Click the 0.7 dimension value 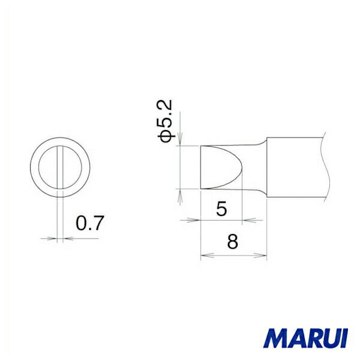click(90, 224)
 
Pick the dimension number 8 click(233, 243)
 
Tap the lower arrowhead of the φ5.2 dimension click(181, 193)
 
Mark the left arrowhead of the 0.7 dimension click(55, 238)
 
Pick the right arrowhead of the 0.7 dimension click(65, 238)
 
